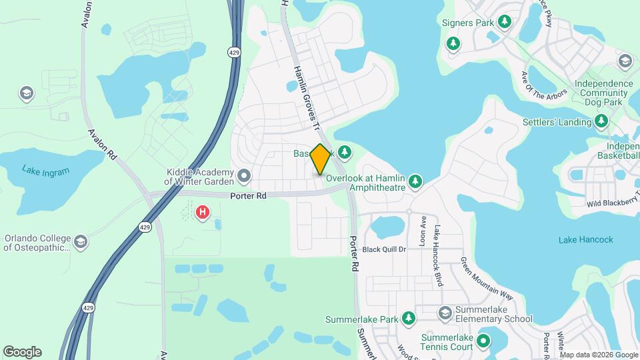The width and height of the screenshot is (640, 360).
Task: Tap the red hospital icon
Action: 202,213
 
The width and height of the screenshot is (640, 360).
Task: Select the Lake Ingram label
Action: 45,171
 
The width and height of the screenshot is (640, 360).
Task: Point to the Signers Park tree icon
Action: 505,23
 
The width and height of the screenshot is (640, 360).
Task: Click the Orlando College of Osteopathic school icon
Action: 81,241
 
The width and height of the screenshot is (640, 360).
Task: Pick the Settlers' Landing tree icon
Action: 601,121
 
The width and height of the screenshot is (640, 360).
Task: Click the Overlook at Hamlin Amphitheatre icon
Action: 415,181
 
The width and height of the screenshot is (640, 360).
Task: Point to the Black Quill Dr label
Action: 385,250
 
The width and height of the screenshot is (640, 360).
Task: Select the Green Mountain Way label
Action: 487,279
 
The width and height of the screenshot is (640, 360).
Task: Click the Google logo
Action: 22,352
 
